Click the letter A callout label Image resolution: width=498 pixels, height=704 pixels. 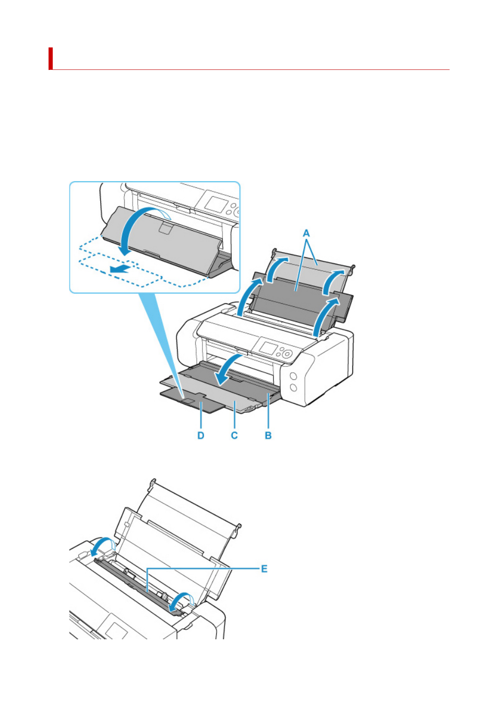pyautogui.click(x=306, y=233)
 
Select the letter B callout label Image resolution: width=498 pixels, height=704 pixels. pyautogui.click(x=268, y=436)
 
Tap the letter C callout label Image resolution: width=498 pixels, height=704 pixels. pyautogui.click(x=234, y=436)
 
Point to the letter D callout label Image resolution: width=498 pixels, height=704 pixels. pyautogui.click(x=201, y=436)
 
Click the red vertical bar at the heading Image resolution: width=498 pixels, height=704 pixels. pyautogui.click(x=50, y=58)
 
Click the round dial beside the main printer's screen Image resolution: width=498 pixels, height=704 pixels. pyautogui.click(x=287, y=354)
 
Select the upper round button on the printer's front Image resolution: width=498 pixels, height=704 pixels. pyautogui.click(x=293, y=376)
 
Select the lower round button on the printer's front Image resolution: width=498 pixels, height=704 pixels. pyautogui.click(x=293, y=388)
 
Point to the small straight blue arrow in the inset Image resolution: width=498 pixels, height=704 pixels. pyautogui.click(x=120, y=269)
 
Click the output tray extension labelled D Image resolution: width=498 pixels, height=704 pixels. pyautogui.click(x=192, y=399)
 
